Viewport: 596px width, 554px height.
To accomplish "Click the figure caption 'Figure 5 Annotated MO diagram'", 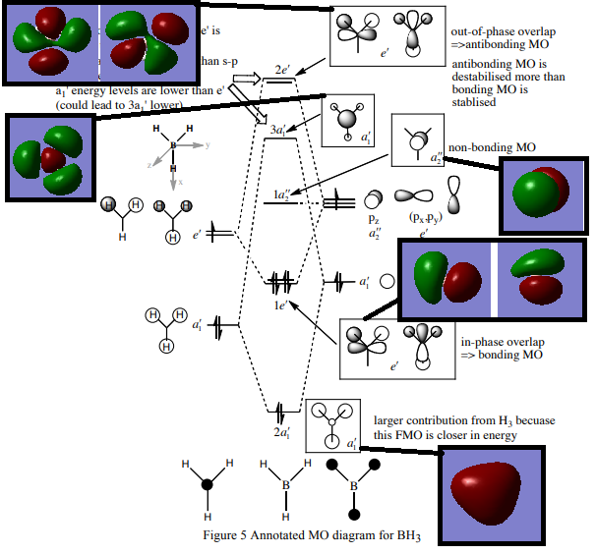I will tap(296, 534).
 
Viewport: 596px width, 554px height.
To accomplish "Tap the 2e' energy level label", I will tap(281, 70).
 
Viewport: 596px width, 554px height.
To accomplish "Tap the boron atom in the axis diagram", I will tap(173, 146).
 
